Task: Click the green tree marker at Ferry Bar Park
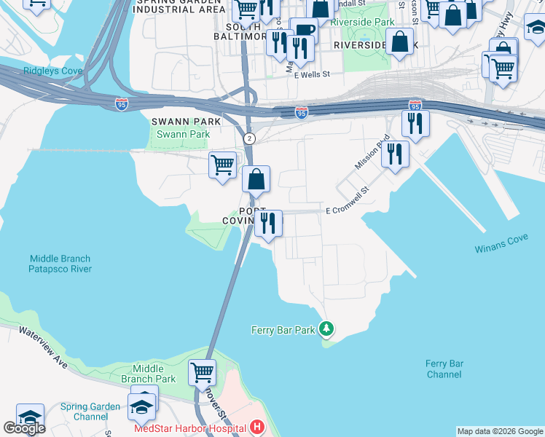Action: tap(327, 330)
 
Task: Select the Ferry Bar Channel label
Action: tap(444, 369)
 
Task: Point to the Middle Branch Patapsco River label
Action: tap(60, 264)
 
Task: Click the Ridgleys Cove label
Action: tap(42, 71)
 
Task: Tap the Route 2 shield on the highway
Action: tap(250, 138)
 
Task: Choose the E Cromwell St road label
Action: tap(348, 201)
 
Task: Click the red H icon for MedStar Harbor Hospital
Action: tap(256, 427)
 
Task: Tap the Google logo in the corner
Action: tap(24, 428)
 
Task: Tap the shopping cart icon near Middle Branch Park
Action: tap(202, 372)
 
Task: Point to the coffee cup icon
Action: tap(304, 31)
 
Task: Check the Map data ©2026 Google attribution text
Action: tap(500, 431)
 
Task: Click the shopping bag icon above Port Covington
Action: tap(256, 178)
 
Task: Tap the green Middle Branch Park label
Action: tap(149, 374)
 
